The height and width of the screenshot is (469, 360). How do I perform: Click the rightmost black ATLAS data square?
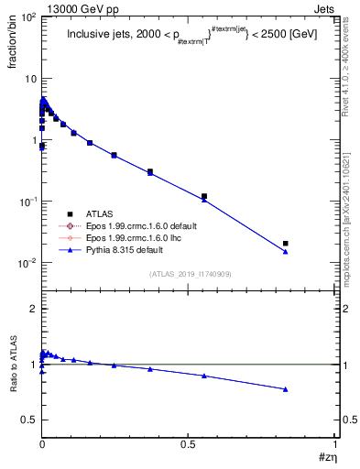click(x=286, y=244)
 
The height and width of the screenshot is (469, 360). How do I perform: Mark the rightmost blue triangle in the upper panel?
click(x=286, y=251)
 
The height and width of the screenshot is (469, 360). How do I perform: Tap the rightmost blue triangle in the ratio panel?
click(x=286, y=389)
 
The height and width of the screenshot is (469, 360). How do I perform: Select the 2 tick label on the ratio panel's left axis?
click(x=31, y=310)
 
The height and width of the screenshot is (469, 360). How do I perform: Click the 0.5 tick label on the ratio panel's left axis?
click(x=27, y=420)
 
